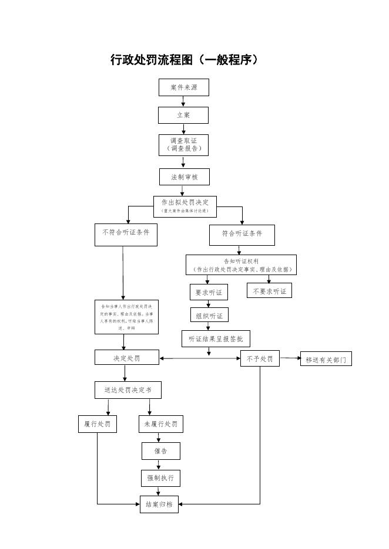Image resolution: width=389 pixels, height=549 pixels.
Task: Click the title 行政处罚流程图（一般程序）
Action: pyautogui.click(x=185, y=60)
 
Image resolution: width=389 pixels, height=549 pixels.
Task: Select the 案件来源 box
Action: pyautogui.click(x=183, y=87)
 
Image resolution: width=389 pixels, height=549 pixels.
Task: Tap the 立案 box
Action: pyautogui.click(x=183, y=115)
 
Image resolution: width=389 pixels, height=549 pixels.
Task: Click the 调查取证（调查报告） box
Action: pyautogui.click(x=183, y=145)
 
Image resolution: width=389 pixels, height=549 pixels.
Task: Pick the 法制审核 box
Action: pyautogui.click(x=184, y=177)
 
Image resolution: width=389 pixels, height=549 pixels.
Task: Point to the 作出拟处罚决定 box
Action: pyautogui.click(x=185, y=205)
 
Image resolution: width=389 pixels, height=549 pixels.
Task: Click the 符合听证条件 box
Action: pyautogui.click(x=242, y=235)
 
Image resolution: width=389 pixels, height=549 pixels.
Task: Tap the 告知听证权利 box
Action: pyautogui.click(x=241, y=265)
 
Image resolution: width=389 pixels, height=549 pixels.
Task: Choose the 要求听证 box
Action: pyautogui.click(x=208, y=292)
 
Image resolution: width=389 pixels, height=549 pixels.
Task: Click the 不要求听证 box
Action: pyautogui.click(x=269, y=290)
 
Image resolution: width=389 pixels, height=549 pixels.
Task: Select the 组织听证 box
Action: pyautogui.click(x=209, y=316)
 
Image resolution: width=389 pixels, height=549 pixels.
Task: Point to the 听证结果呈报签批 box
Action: pyautogui.click(x=215, y=339)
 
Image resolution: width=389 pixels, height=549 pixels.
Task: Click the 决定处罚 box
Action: pyautogui.click(x=127, y=357)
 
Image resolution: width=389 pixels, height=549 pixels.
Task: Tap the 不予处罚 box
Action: pyautogui.click(x=259, y=358)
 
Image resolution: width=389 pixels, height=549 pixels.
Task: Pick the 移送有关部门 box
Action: pyautogui.click(x=326, y=359)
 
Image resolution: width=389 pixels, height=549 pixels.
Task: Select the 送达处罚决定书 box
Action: pyautogui.click(x=128, y=390)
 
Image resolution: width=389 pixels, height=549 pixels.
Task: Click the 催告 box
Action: pyautogui.click(x=160, y=451)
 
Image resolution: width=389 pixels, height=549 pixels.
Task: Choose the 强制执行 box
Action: pyautogui.click(x=160, y=478)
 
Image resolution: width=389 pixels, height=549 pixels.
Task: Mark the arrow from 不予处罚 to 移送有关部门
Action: pyautogui.click(x=289, y=358)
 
